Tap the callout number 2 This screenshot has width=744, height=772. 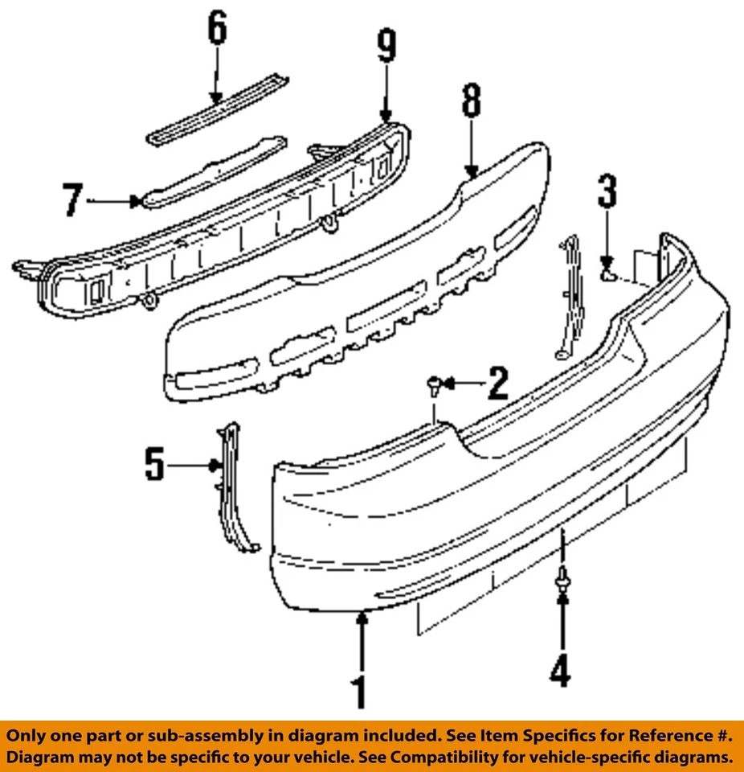(497, 384)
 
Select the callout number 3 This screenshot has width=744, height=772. (607, 191)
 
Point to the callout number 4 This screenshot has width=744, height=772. (561, 670)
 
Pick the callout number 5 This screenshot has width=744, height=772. (154, 464)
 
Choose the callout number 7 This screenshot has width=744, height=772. (73, 200)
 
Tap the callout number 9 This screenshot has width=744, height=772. (386, 47)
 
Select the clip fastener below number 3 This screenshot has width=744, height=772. (608, 276)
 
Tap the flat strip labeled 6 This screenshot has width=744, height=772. (217, 111)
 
